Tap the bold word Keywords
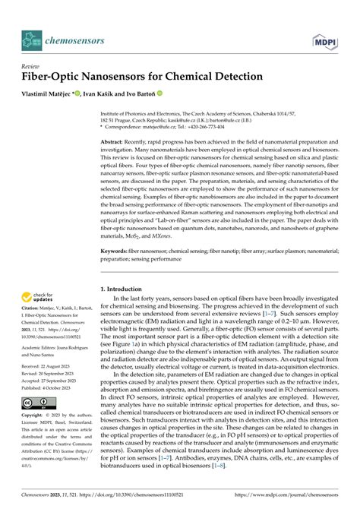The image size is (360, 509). (116, 249)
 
